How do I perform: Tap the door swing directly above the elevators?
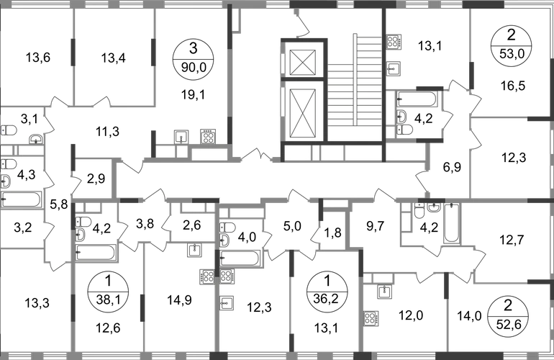[302, 25]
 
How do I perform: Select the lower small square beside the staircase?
[393, 69]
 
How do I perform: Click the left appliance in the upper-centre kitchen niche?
[182, 136]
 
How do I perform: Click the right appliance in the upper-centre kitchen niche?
[207, 135]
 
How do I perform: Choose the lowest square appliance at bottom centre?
[227, 302]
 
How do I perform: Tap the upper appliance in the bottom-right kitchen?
[386, 292]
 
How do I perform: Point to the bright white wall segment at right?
[504, 281]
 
